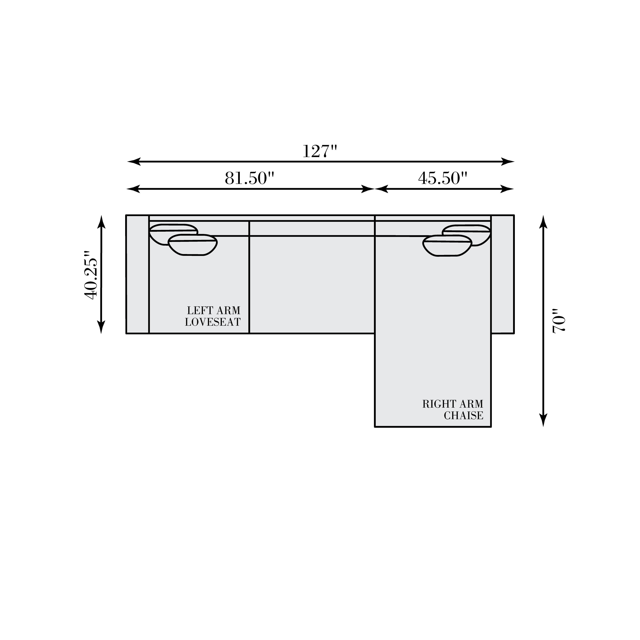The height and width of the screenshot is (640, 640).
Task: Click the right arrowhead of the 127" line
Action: (x=508, y=162)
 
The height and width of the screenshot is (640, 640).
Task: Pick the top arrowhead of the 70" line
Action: (x=543, y=222)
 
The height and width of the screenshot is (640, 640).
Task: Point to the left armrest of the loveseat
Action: (x=137, y=274)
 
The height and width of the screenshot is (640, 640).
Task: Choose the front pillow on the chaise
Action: (x=447, y=246)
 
